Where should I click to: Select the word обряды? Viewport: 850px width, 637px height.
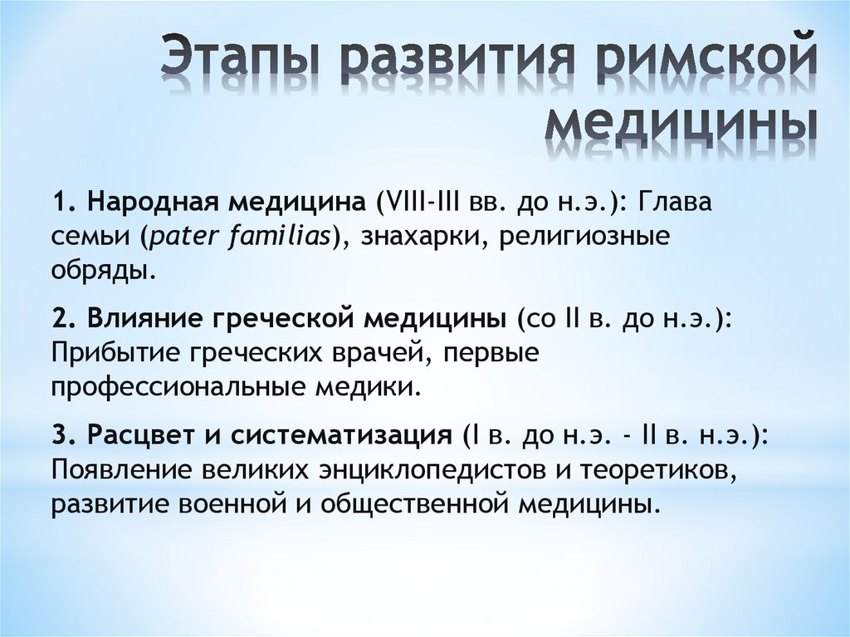coord(104,270)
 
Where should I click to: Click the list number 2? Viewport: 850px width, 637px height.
coord(59,321)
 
